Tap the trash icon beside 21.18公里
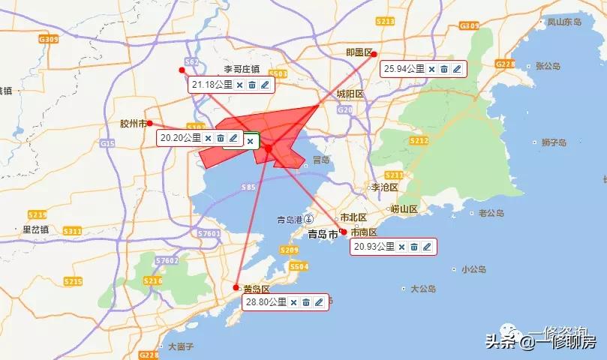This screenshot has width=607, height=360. tap(252, 85)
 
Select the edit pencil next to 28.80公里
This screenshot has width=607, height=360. tap(319, 302)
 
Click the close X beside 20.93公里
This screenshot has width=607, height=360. tap(401, 247)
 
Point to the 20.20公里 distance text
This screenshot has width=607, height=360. tap(181, 138)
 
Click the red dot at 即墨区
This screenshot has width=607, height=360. tap(374, 54)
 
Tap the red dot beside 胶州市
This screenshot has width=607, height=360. tap(150, 123)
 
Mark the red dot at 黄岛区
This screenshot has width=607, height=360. tap(236, 287)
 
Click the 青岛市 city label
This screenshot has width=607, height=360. tap(323, 234)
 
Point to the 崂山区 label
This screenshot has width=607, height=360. tap(404, 209)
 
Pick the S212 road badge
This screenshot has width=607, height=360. tap(419, 140)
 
